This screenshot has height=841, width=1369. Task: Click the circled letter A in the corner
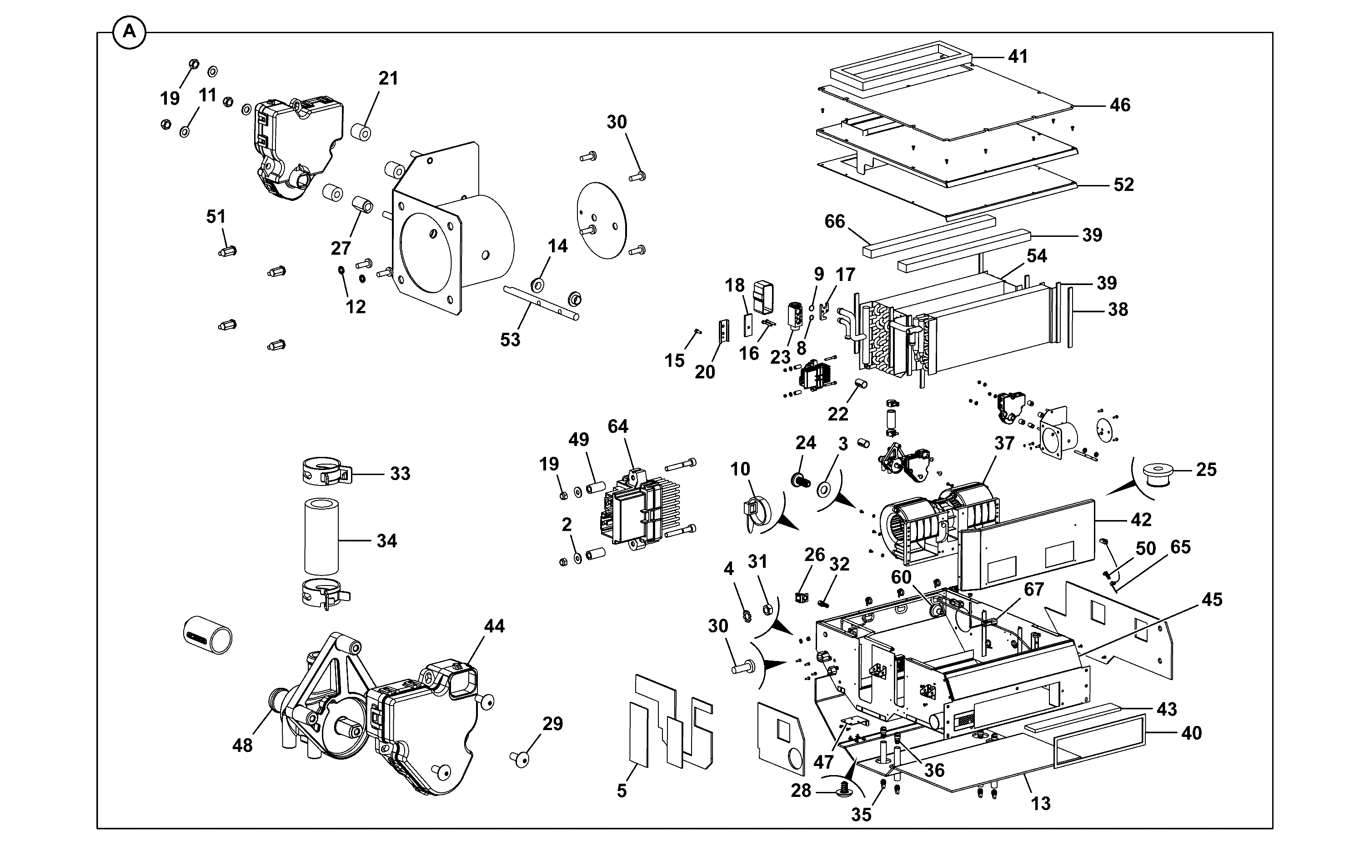(129, 32)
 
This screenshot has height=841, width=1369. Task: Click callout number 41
(1018, 56)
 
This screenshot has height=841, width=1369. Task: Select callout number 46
(1120, 105)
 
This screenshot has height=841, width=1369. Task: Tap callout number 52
(1123, 184)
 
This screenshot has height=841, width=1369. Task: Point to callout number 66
(834, 221)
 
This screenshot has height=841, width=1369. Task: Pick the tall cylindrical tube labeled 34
(321, 536)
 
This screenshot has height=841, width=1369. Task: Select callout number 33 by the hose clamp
(400, 473)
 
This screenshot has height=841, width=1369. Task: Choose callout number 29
(552, 724)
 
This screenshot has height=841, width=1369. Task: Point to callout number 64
(617, 426)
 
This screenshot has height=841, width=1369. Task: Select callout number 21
(388, 79)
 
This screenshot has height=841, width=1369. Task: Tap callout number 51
(216, 216)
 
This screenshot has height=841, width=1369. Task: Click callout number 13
(1040, 803)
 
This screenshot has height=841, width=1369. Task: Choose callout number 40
(1191, 733)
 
